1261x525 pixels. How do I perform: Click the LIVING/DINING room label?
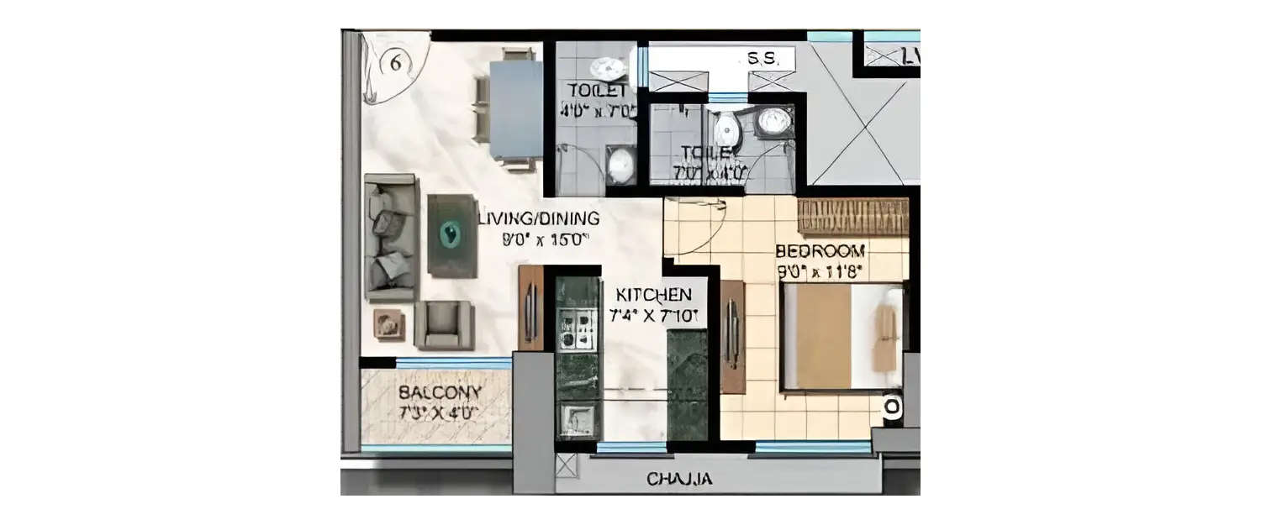pyautogui.click(x=539, y=219)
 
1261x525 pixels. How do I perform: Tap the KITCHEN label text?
pyautogui.click(x=654, y=295)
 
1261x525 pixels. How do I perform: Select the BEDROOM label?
pyautogui.click(x=820, y=250)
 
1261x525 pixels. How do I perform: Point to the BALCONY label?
pyautogui.click(x=440, y=392)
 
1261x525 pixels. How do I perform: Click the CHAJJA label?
pyautogui.click(x=679, y=480)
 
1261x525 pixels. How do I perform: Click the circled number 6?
pyautogui.click(x=394, y=64)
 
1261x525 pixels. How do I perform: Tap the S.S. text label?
pyautogui.click(x=770, y=60)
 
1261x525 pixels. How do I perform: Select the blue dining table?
pyautogui.click(x=515, y=109)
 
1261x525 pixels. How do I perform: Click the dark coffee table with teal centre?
pyautogui.click(x=451, y=235)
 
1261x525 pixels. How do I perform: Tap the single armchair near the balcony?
pyautogui.click(x=444, y=325)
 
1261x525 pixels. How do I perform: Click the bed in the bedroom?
pyautogui.click(x=841, y=337)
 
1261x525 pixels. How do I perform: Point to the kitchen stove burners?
pyautogui.click(x=578, y=328)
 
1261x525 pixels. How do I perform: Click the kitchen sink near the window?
pyautogui.click(x=577, y=417)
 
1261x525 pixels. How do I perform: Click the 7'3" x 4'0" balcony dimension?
pyautogui.click(x=439, y=412)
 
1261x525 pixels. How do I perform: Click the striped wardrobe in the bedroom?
pyautogui.click(x=852, y=216)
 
